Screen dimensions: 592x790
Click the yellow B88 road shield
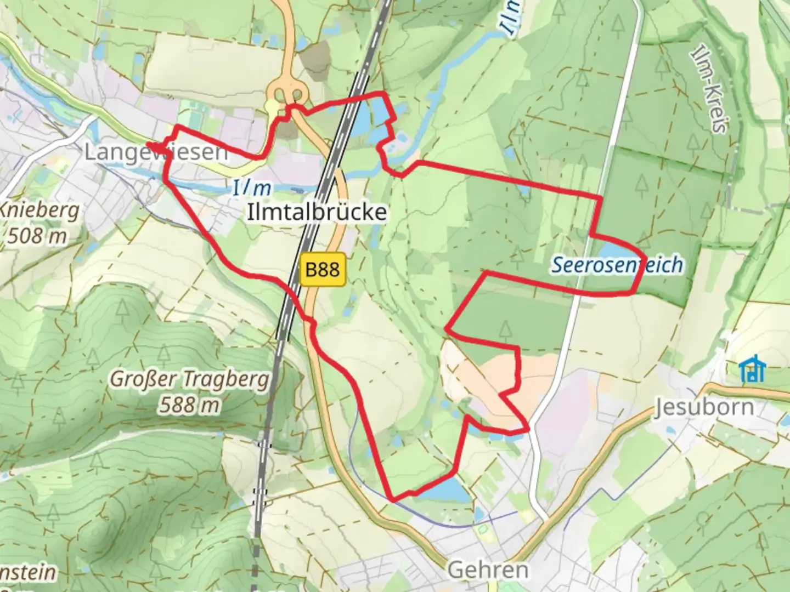tap(323, 269)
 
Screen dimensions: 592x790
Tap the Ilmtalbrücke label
tap(317, 212)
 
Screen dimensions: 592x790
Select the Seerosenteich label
tap(617, 265)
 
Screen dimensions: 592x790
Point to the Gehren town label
tap(488, 570)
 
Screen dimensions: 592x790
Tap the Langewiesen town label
tap(156, 152)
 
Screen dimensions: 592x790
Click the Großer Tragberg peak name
tap(190, 379)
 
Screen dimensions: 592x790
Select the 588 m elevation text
tap(190, 405)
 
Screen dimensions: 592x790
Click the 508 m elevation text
tap(37, 236)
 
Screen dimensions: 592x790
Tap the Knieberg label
tap(39, 210)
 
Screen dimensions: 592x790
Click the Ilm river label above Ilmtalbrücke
tap(252, 189)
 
